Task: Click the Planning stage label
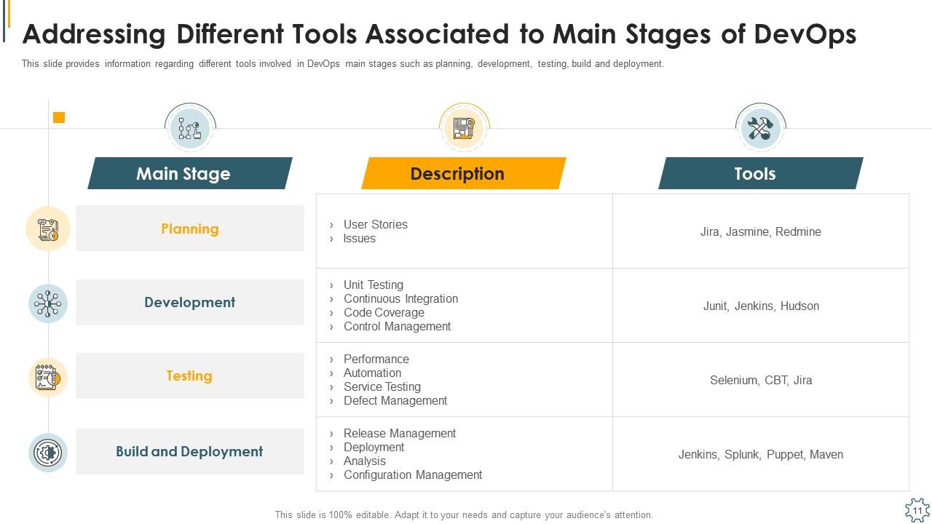[x=190, y=229]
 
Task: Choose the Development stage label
[x=190, y=302]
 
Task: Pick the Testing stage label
[x=190, y=376]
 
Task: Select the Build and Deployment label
[x=190, y=451]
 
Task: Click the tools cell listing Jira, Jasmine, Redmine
[x=761, y=231]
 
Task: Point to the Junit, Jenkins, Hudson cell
[x=761, y=306]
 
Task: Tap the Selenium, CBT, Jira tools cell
[x=761, y=380]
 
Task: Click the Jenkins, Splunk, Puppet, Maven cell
[x=761, y=454]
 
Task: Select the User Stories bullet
[x=375, y=224]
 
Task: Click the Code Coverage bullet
[x=384, y=312]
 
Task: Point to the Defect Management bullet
[x=395, y=400]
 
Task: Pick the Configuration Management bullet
[x=413, y=475]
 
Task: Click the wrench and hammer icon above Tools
[x=760, y=129]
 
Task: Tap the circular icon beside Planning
[x=48, y=229]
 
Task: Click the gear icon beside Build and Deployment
[x=48, y=452]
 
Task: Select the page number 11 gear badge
[x=917, y=510]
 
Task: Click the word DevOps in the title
[x=805, y=34]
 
